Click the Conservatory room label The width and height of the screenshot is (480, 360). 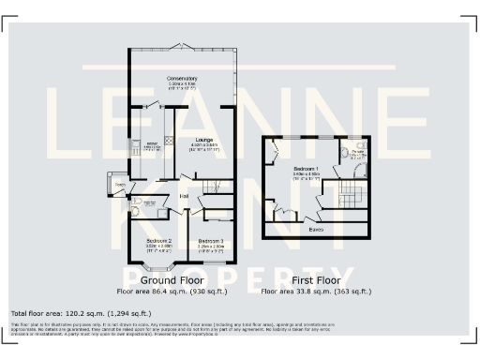pyautogui.click(x=182, y=79)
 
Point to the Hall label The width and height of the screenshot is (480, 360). pyautogui.click(x=185, y=195)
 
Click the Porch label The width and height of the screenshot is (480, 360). pyautogui.click(x=120, y=185)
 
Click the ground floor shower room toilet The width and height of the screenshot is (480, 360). pyautogui.click(x=135, y=212)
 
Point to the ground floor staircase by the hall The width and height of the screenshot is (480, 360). pyautogui.click(x=219, y=187)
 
